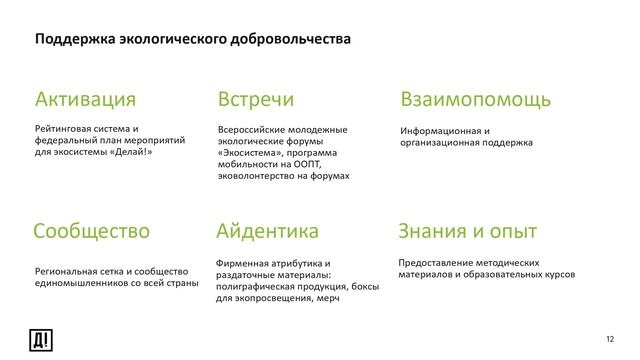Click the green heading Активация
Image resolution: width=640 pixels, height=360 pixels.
pos(85,100)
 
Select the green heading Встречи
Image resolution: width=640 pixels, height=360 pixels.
pos(256,100)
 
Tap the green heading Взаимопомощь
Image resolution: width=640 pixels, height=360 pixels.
pos(475,100)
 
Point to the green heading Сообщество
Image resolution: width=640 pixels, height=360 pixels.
pos(92,232)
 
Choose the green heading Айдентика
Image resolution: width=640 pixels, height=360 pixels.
pos(268,232)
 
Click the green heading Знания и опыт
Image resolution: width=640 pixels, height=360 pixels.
pos(468,232)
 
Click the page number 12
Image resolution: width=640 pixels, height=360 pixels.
pos(612,341)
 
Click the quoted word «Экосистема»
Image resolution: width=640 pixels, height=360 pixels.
pos(251,153)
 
